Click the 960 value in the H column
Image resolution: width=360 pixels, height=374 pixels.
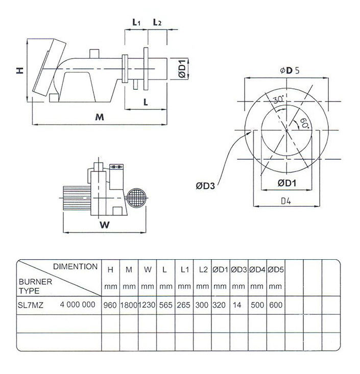[x=110, y=305]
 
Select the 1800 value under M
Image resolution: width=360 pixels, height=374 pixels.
[x=129, y=305]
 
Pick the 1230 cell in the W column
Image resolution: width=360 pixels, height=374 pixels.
[x=147, y=305]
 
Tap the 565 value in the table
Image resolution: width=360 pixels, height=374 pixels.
[x=165, y=305]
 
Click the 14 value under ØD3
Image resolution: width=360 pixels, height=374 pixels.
[x=237, y=305]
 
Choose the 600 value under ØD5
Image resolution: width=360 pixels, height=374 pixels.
[x=276, y=305]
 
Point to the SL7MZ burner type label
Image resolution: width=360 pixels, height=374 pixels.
[x=31, y=305]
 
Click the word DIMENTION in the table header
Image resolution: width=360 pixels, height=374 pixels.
[x=76, y=266]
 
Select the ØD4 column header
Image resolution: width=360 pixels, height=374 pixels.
[x=257, y=270]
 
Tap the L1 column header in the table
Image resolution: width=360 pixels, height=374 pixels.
[x=184, y=270]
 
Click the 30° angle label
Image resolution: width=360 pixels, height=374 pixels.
[x=279, y=99]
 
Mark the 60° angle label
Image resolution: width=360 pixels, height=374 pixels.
[x=303, y=122]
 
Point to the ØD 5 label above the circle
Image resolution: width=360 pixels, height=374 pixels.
[x=290, y=70]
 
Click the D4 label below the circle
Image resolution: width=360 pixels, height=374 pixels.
[x=286, y=202]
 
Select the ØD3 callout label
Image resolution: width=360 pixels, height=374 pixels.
[x=205, y=186]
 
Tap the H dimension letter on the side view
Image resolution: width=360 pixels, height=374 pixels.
[x=20, y=70]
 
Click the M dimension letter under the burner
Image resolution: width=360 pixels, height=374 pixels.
[x=100, y=117]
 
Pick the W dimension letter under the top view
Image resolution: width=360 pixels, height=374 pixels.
[x=105, y=225]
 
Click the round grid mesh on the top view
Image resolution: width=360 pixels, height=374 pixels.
[x=136, y=198]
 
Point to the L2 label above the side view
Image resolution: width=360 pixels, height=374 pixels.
[x=157, y=22]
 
